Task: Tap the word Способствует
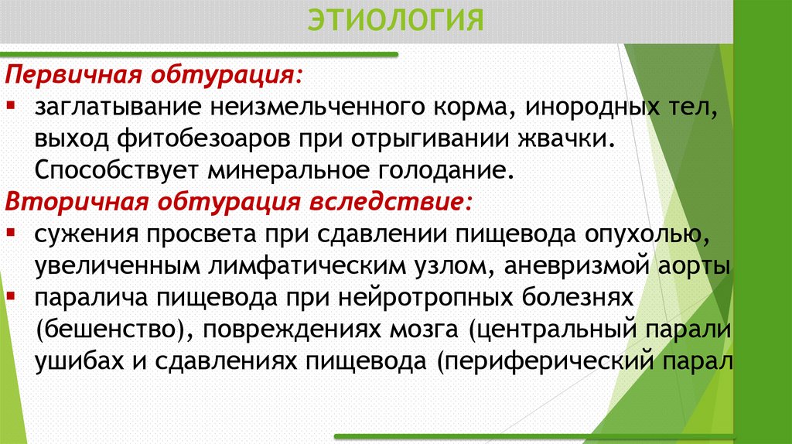coord(117,169)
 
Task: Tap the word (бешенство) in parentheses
coord(109,329)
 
